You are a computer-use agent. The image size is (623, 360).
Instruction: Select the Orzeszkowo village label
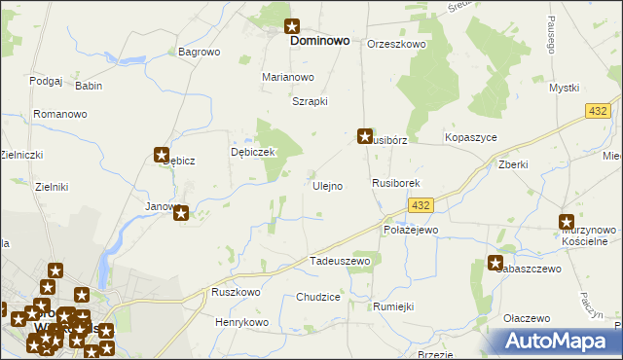click(396, 44)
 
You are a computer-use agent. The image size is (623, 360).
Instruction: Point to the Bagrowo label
click(199, 52)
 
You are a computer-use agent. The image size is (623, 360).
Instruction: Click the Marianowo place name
click(288, 77)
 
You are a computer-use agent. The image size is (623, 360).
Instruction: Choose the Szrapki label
click(310, 101)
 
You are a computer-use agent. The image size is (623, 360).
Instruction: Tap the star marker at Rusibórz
click(365, 137)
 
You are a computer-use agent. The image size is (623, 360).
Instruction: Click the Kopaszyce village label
click(470, 138)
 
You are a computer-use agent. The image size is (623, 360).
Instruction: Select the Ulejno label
click(326, 186)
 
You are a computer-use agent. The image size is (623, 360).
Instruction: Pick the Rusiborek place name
click(395, 183)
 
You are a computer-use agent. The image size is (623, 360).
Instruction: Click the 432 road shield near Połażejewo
click(421, 205)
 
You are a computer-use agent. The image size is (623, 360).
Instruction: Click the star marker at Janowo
click(182, 212)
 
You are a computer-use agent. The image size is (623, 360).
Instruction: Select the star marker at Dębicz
click(163, 154)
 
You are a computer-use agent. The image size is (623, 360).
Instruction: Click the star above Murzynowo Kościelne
click(568, 223)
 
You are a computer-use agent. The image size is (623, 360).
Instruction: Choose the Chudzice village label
click(317, 297)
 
